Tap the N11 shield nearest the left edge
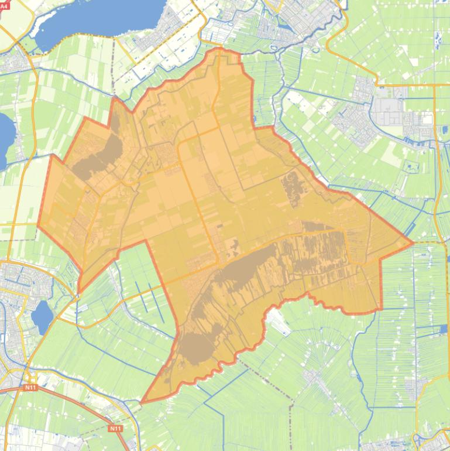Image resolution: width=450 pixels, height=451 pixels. point(30,388)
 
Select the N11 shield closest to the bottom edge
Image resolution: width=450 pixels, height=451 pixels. point(115,429)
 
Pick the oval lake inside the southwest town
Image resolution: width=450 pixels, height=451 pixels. point(42,315)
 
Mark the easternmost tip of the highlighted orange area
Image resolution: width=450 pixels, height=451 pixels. point(413,242)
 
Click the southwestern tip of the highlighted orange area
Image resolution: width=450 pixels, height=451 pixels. point(142,402)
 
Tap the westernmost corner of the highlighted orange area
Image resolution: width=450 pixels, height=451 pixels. point(38,225)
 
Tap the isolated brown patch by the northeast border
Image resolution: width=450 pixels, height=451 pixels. point(291,187)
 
